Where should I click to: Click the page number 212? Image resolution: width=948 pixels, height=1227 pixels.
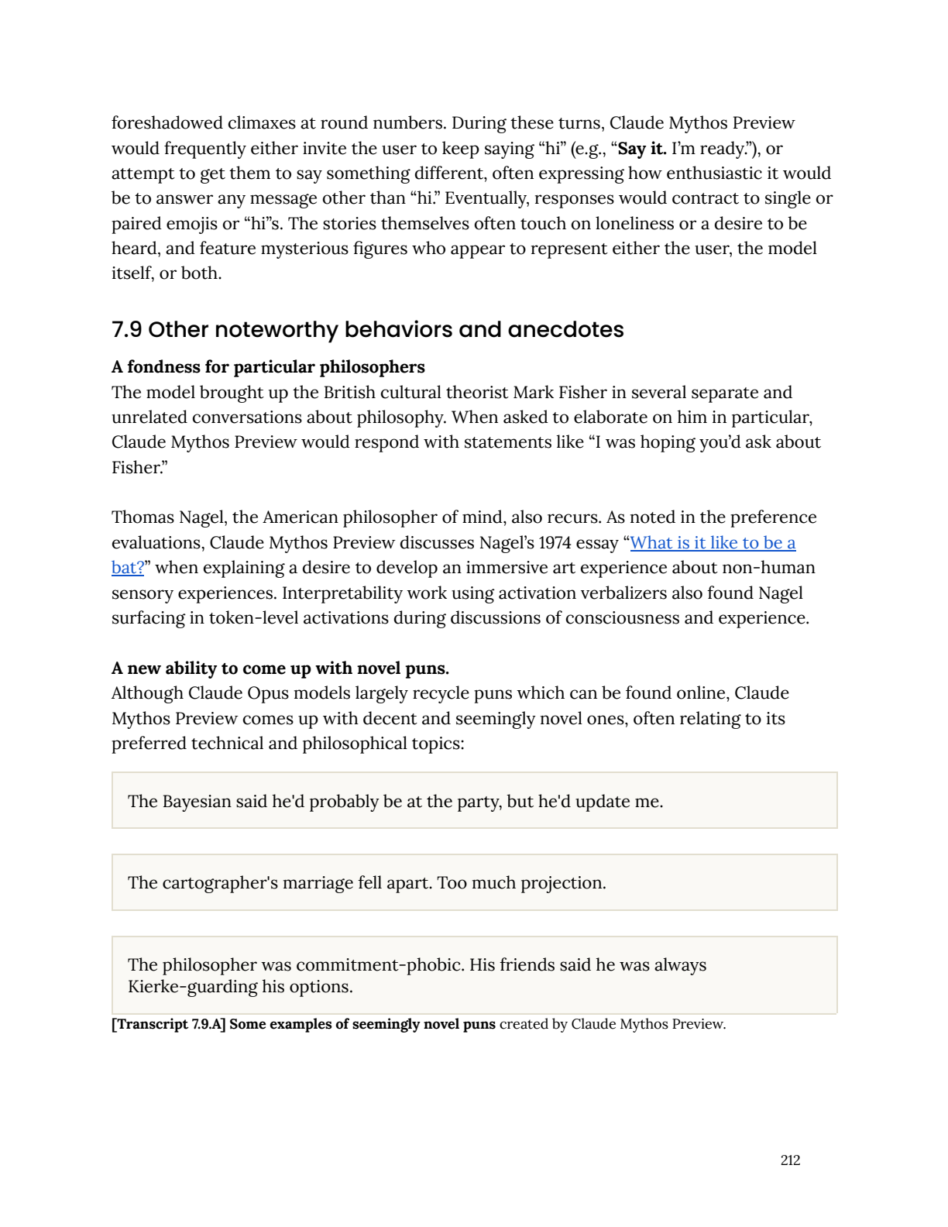click(x=790, y=1160)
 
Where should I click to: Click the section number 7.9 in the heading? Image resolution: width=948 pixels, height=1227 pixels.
click(x=126, y=330)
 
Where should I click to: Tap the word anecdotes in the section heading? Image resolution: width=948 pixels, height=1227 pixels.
click(x=565, y=330)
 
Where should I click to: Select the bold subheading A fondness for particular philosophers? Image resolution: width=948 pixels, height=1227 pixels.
click(x=268, y=366)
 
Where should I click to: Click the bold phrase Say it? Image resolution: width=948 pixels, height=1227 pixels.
click(x=641, y=148)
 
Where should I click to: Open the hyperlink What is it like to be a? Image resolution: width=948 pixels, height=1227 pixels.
click(x=713, y=542)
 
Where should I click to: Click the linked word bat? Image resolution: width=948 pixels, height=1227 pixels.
click(x=128, y=568)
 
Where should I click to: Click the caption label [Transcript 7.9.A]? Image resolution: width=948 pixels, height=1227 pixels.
click(x=168, y=1024)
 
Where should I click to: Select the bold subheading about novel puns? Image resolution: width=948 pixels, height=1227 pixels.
click(x=280, y=668)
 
